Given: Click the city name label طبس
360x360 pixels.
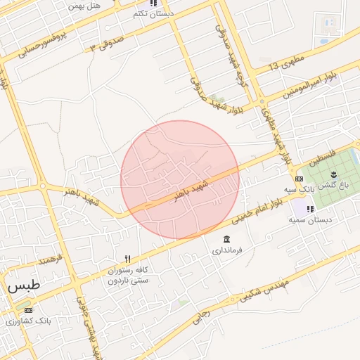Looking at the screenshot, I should click(25, 287).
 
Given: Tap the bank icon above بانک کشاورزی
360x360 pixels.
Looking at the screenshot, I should click(28, 310).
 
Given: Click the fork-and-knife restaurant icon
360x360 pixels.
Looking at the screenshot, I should click(127, 259).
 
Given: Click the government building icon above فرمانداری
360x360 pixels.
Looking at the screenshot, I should click(226, 240).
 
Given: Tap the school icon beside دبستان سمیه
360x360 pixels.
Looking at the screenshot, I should click(310, 209).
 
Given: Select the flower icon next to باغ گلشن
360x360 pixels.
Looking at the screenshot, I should click(335, 174).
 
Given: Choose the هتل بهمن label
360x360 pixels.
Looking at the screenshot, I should click(85, 5).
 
